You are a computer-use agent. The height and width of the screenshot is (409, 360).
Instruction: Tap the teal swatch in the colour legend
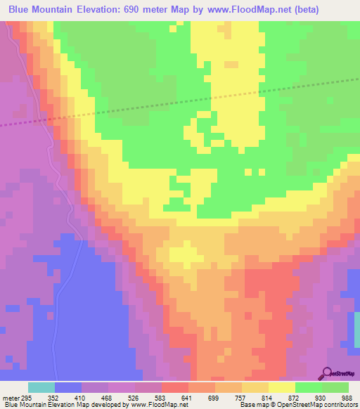tap(41, 387)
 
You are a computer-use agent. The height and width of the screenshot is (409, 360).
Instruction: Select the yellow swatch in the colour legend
tap(282, 387)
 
